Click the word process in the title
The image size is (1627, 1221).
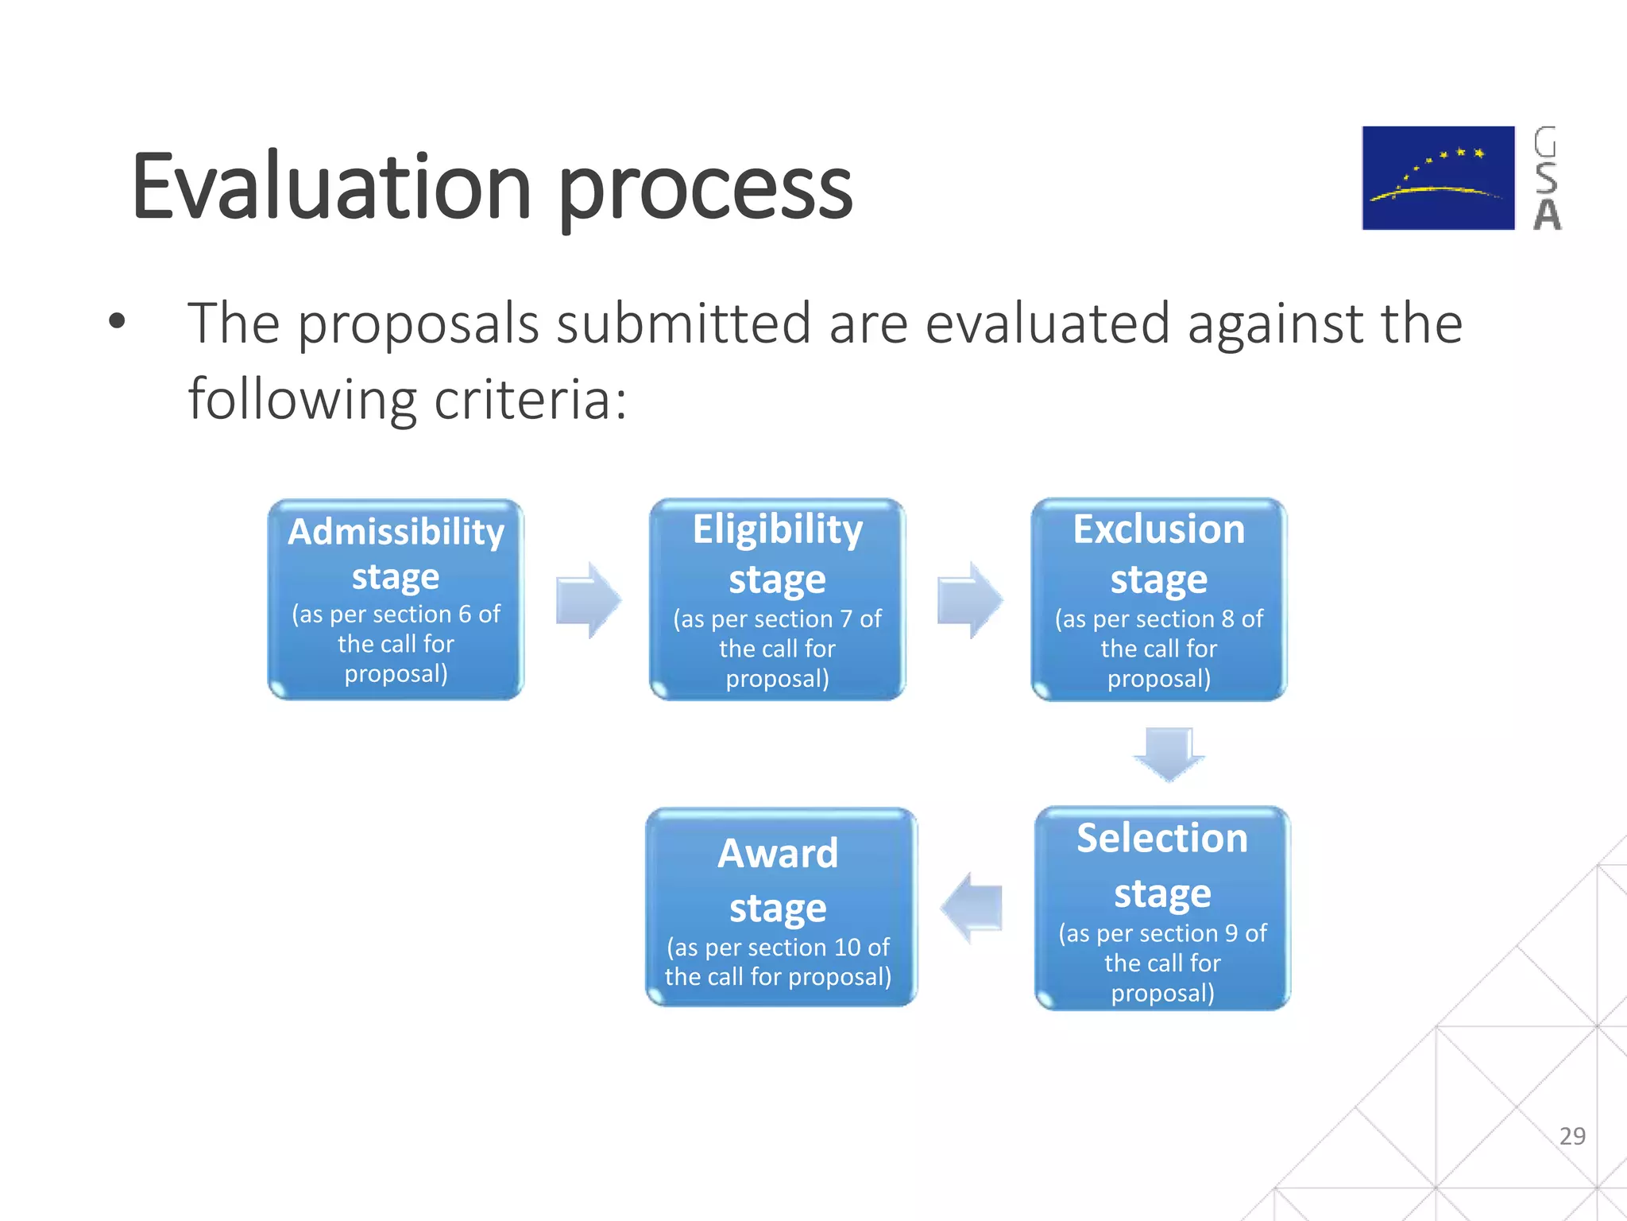coord(705,191)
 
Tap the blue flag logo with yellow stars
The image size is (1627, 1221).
coord(1438,178)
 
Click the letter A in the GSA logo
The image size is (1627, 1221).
coord(1546,215)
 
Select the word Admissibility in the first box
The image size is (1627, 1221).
coord(396,532)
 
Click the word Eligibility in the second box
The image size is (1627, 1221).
coord(777,529)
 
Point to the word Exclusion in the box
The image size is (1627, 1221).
coord(1158,529)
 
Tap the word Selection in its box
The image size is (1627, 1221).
coord(1161,839)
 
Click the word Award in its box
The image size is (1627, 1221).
coord(777,854)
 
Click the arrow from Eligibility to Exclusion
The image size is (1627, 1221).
coord(969,600)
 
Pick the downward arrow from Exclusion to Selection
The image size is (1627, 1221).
coord(1168,753)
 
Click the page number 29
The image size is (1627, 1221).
coord(1571,1136)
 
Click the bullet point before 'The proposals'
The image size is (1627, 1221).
coord(118,322)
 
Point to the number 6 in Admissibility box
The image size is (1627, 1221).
coord(465,614)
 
